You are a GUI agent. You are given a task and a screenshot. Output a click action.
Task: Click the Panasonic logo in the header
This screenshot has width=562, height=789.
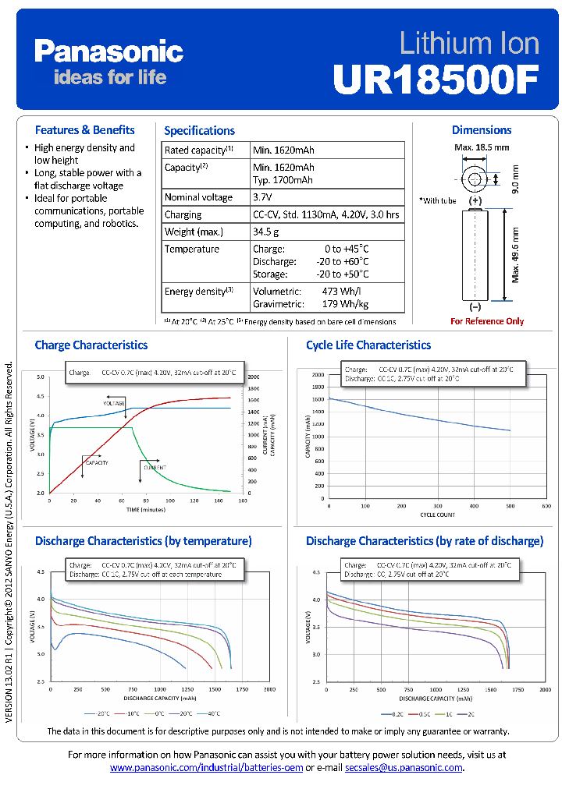[108, 52]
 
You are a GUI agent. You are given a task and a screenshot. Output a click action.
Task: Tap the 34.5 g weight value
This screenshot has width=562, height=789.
[266, 232]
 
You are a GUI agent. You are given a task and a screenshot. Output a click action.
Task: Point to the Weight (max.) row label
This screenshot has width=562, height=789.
[194, 232]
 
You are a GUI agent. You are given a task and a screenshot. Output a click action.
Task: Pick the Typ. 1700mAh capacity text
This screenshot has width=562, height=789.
[283, 180]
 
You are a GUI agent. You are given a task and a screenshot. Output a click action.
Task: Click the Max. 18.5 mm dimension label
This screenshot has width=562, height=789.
[482, 147]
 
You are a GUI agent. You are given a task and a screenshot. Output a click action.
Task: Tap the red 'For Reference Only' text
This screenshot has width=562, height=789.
[487, 321]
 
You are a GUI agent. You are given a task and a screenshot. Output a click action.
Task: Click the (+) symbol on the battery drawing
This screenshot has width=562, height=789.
[475, 200]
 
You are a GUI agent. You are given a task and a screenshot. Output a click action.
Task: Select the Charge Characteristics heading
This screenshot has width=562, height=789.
[91, 345]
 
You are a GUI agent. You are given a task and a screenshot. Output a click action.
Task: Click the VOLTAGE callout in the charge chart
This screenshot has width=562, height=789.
[114, 402]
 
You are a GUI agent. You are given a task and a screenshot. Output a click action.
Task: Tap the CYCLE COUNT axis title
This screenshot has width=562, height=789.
[439, 515]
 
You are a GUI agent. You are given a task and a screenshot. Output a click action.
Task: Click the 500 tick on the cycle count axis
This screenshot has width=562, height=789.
[510, 505]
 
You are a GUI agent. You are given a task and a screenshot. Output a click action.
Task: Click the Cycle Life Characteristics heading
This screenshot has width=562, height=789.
[368, 345]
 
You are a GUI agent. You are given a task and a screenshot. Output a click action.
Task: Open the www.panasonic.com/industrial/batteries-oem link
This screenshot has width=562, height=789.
[206, 768]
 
